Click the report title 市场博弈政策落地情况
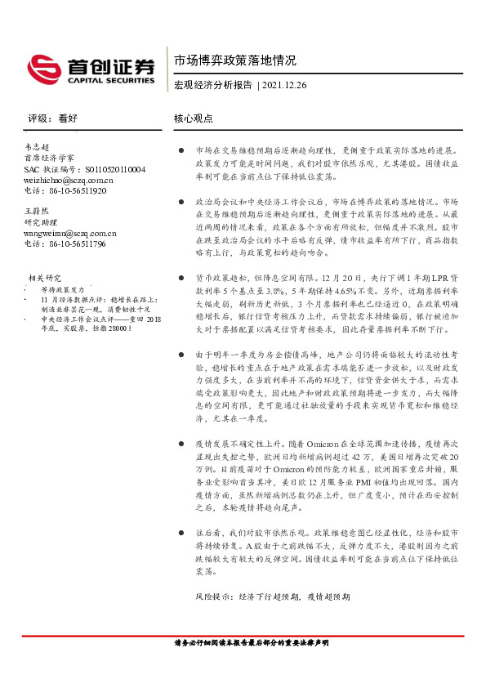(235, 60)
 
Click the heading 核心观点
(194, 118)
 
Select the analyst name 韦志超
(38, 145)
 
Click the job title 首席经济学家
(49, 157)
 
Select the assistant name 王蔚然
(38, 212)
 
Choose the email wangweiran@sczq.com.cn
(70, 233)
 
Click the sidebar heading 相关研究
(46, 278)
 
